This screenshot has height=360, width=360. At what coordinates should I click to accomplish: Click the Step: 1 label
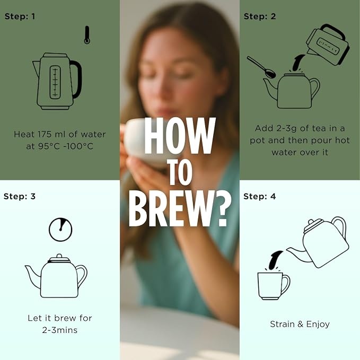tap(20, 16)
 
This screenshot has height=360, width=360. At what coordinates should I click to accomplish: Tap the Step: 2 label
tap(260, 16)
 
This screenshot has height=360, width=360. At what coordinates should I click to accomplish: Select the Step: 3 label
tap(20, 197)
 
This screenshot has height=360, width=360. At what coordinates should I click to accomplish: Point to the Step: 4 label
tap(259, 197)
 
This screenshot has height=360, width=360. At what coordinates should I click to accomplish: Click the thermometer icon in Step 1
tap(87, 35)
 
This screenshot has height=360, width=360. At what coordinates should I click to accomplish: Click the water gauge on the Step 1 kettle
tap(55, 82)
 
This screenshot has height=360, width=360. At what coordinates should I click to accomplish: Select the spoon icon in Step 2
tap(262, 67)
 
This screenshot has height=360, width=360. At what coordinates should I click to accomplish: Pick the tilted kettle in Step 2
tap(328, 45)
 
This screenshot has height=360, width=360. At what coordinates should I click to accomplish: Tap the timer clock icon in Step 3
tap(60, 230)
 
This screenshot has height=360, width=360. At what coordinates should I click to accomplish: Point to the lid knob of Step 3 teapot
tap(59, 256)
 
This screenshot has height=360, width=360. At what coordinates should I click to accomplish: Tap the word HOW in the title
tap(180, 136)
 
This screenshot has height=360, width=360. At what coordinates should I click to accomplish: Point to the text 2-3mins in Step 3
tap(60, 330)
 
